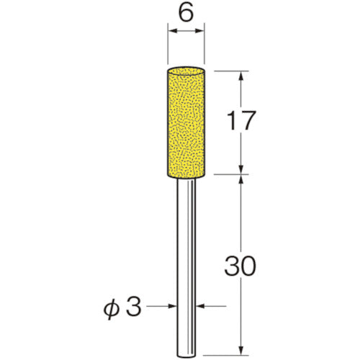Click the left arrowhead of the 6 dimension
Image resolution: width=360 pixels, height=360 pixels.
coord(171,31)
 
